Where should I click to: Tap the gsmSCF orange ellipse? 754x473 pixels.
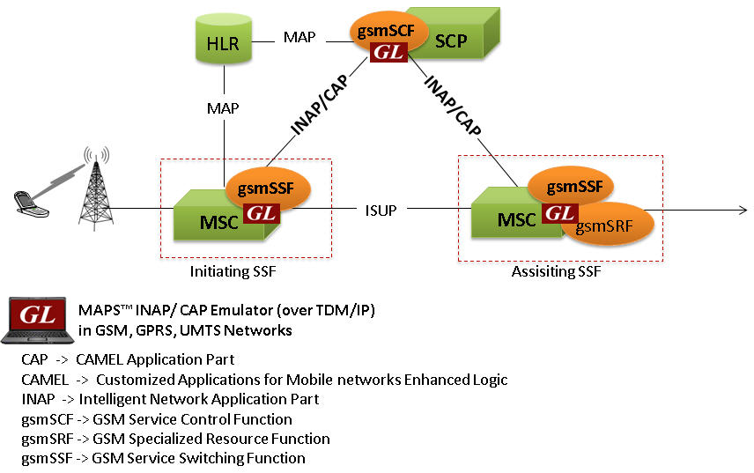383,31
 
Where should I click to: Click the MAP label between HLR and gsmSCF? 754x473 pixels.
300,38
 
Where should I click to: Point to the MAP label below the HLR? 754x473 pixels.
223,107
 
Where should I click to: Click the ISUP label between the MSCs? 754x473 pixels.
380,211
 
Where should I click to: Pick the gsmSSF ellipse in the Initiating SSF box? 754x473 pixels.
268,187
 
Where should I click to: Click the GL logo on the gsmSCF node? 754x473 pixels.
388,52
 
